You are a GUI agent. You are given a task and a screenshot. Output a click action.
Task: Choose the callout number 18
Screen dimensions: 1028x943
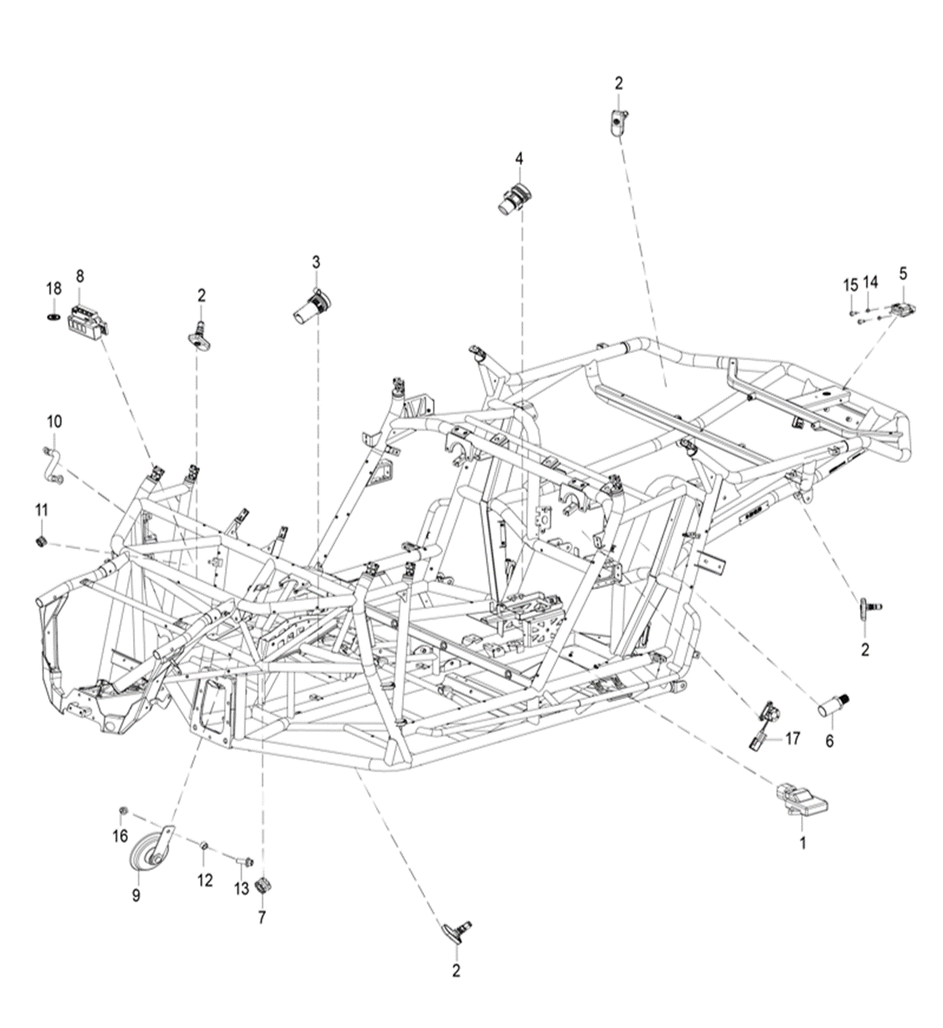(x=53, y=289)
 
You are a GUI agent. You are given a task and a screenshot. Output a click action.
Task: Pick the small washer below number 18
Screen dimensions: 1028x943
(x=53, y=314)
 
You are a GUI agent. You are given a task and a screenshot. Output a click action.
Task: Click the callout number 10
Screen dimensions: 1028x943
(x=54, y=421)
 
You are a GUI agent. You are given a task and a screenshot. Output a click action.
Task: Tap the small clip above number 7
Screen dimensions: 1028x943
(x=263, y=885)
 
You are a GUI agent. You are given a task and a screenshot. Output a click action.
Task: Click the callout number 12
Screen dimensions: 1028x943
(x=205, y=880)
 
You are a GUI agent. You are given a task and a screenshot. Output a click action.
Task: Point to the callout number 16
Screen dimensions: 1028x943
(x=121, y=835)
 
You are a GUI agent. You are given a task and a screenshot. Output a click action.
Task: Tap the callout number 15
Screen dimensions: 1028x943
(x=851, y=285)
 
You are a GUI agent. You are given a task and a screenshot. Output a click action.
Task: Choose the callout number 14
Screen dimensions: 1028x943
(x=870, y=282)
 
